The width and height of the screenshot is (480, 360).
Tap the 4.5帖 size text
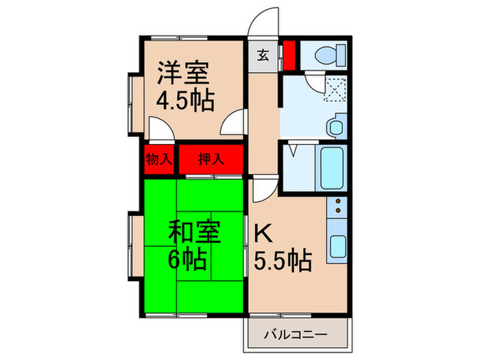[x=185, y=100]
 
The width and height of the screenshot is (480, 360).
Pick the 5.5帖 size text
[x=283, y=260]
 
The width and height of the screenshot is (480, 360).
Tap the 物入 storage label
[x=160, y=160]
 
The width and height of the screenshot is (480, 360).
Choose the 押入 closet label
[x=211, y=160]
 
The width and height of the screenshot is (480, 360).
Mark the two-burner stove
[x=338, y=206]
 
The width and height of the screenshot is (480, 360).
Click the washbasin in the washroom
[x=335, y=128]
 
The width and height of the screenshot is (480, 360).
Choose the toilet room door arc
[x=314, y=83]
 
